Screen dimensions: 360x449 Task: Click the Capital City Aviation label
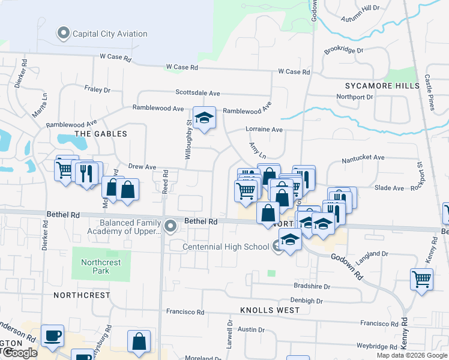(x=110, y=34)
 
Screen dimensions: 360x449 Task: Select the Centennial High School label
(x=226, y=247)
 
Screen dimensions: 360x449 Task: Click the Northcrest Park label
(x=101, y=266)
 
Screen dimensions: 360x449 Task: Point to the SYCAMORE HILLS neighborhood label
(x=382, y=86)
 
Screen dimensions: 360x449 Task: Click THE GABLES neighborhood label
(x=100, y=134)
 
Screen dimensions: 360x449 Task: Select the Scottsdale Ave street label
(x=198, y=93)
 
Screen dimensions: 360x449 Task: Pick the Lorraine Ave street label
(x=264, y=129)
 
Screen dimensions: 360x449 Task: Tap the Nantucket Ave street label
(x=363, y=158)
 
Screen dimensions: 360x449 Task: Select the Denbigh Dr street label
(x=307, y=301)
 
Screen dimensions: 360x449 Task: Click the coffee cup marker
(x=52, y=335)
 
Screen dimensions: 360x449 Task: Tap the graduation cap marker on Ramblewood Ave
(x=204, y=118)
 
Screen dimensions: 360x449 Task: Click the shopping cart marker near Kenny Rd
(x=421, y=279)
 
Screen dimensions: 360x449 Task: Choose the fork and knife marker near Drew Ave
(x=85, y=173)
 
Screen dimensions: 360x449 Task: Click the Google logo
(x=19, y=353)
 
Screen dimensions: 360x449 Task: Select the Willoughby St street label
(x=188, y=139)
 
